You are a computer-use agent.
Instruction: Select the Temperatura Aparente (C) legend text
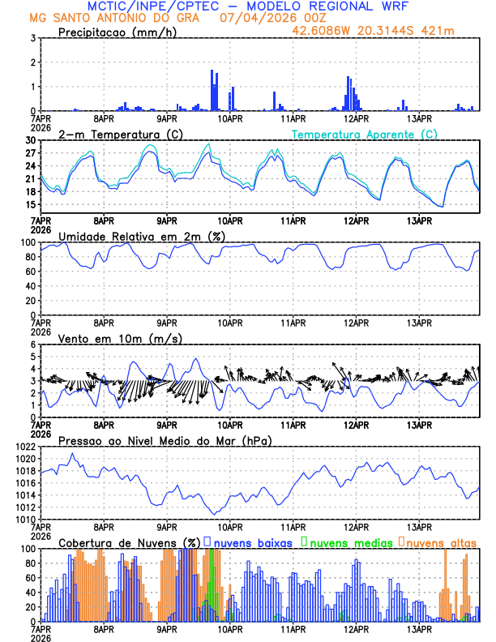pyautogui.click(x=364, y=134)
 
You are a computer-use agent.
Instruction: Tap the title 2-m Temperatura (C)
pyautogui.click(x=120, y=134)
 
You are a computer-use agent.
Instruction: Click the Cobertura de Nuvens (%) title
pyautogui.click(x=129, y=542)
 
